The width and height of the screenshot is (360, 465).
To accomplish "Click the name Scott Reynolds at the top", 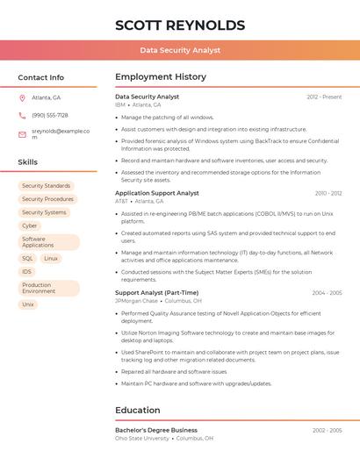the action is [179, 25].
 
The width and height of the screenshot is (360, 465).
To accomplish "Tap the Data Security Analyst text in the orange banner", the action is [180, 50].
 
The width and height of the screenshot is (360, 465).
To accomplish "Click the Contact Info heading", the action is [40, 77].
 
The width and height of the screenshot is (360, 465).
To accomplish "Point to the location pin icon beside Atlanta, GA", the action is [23, 97].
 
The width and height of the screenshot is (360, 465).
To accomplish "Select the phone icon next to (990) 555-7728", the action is [23, 115].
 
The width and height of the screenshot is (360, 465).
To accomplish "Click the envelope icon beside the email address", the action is [23, 134].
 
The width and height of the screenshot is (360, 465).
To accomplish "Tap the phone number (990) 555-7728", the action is [50, 115].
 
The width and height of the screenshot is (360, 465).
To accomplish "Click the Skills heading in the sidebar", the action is [28, 162].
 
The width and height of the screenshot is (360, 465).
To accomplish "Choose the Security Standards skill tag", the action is [46, 186].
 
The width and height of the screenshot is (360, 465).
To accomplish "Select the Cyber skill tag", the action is [30, 225].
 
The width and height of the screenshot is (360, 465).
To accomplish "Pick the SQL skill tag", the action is [27, 259].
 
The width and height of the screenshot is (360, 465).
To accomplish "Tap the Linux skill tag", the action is [51, 259].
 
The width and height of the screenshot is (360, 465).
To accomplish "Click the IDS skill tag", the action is [27, 272].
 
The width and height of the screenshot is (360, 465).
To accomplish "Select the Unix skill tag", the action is [28, 304].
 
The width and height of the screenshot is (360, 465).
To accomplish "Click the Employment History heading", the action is [161, 77].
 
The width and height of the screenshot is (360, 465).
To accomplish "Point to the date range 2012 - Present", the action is [324, 97].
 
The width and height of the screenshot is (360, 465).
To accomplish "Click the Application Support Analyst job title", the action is [157, 193].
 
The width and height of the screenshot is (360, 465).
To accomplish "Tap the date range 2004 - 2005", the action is [327, 293].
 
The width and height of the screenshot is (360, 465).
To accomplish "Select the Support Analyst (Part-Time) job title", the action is [156, 293].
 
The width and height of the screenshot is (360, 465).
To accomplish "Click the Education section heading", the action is [138, 410].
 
